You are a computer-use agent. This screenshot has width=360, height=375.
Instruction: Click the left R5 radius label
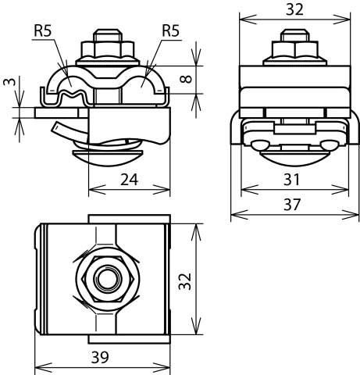(44, 31)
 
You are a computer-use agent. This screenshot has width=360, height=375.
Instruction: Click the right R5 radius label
(172, 31)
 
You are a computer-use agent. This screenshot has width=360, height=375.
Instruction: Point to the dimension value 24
(130, 180)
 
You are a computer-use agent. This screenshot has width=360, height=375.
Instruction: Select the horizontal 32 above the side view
(294, 10)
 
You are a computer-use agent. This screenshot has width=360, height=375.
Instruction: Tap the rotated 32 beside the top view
(184, 280)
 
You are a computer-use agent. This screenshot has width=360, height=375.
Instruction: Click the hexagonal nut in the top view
(104, 280)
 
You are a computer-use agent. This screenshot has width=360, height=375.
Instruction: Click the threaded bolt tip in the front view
(105, 37)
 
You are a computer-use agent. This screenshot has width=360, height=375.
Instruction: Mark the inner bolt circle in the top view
(104, 280)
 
